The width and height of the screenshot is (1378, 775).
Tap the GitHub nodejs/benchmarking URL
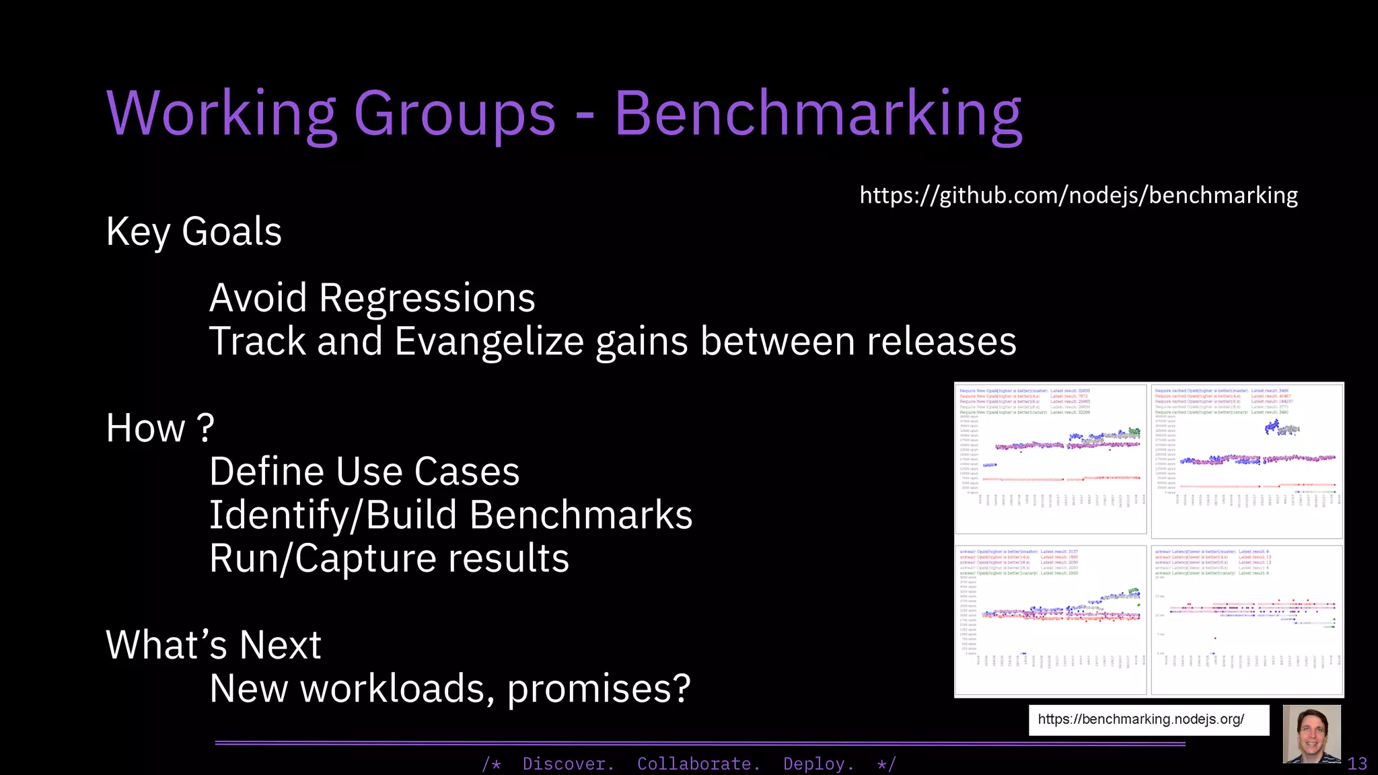[1079, 195]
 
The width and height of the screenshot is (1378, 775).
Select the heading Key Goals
[194, 232]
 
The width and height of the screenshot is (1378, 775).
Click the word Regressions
[427, 298]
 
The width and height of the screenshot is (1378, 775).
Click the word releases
[941, 341]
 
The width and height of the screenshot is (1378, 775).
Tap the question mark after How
[205, 429]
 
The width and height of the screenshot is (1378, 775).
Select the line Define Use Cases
[364, 472]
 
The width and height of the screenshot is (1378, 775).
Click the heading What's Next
[213, 645]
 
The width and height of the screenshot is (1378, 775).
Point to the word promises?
[599, 689]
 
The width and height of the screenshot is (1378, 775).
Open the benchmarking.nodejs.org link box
[1148, 720]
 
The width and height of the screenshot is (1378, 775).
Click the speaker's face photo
[1311, 734]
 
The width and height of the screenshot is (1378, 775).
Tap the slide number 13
[1357, 764]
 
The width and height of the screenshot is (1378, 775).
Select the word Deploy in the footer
[818, 764]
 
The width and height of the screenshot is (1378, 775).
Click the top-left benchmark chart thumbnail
[1050, 459]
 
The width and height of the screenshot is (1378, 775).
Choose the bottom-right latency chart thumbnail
[1246, 620]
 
